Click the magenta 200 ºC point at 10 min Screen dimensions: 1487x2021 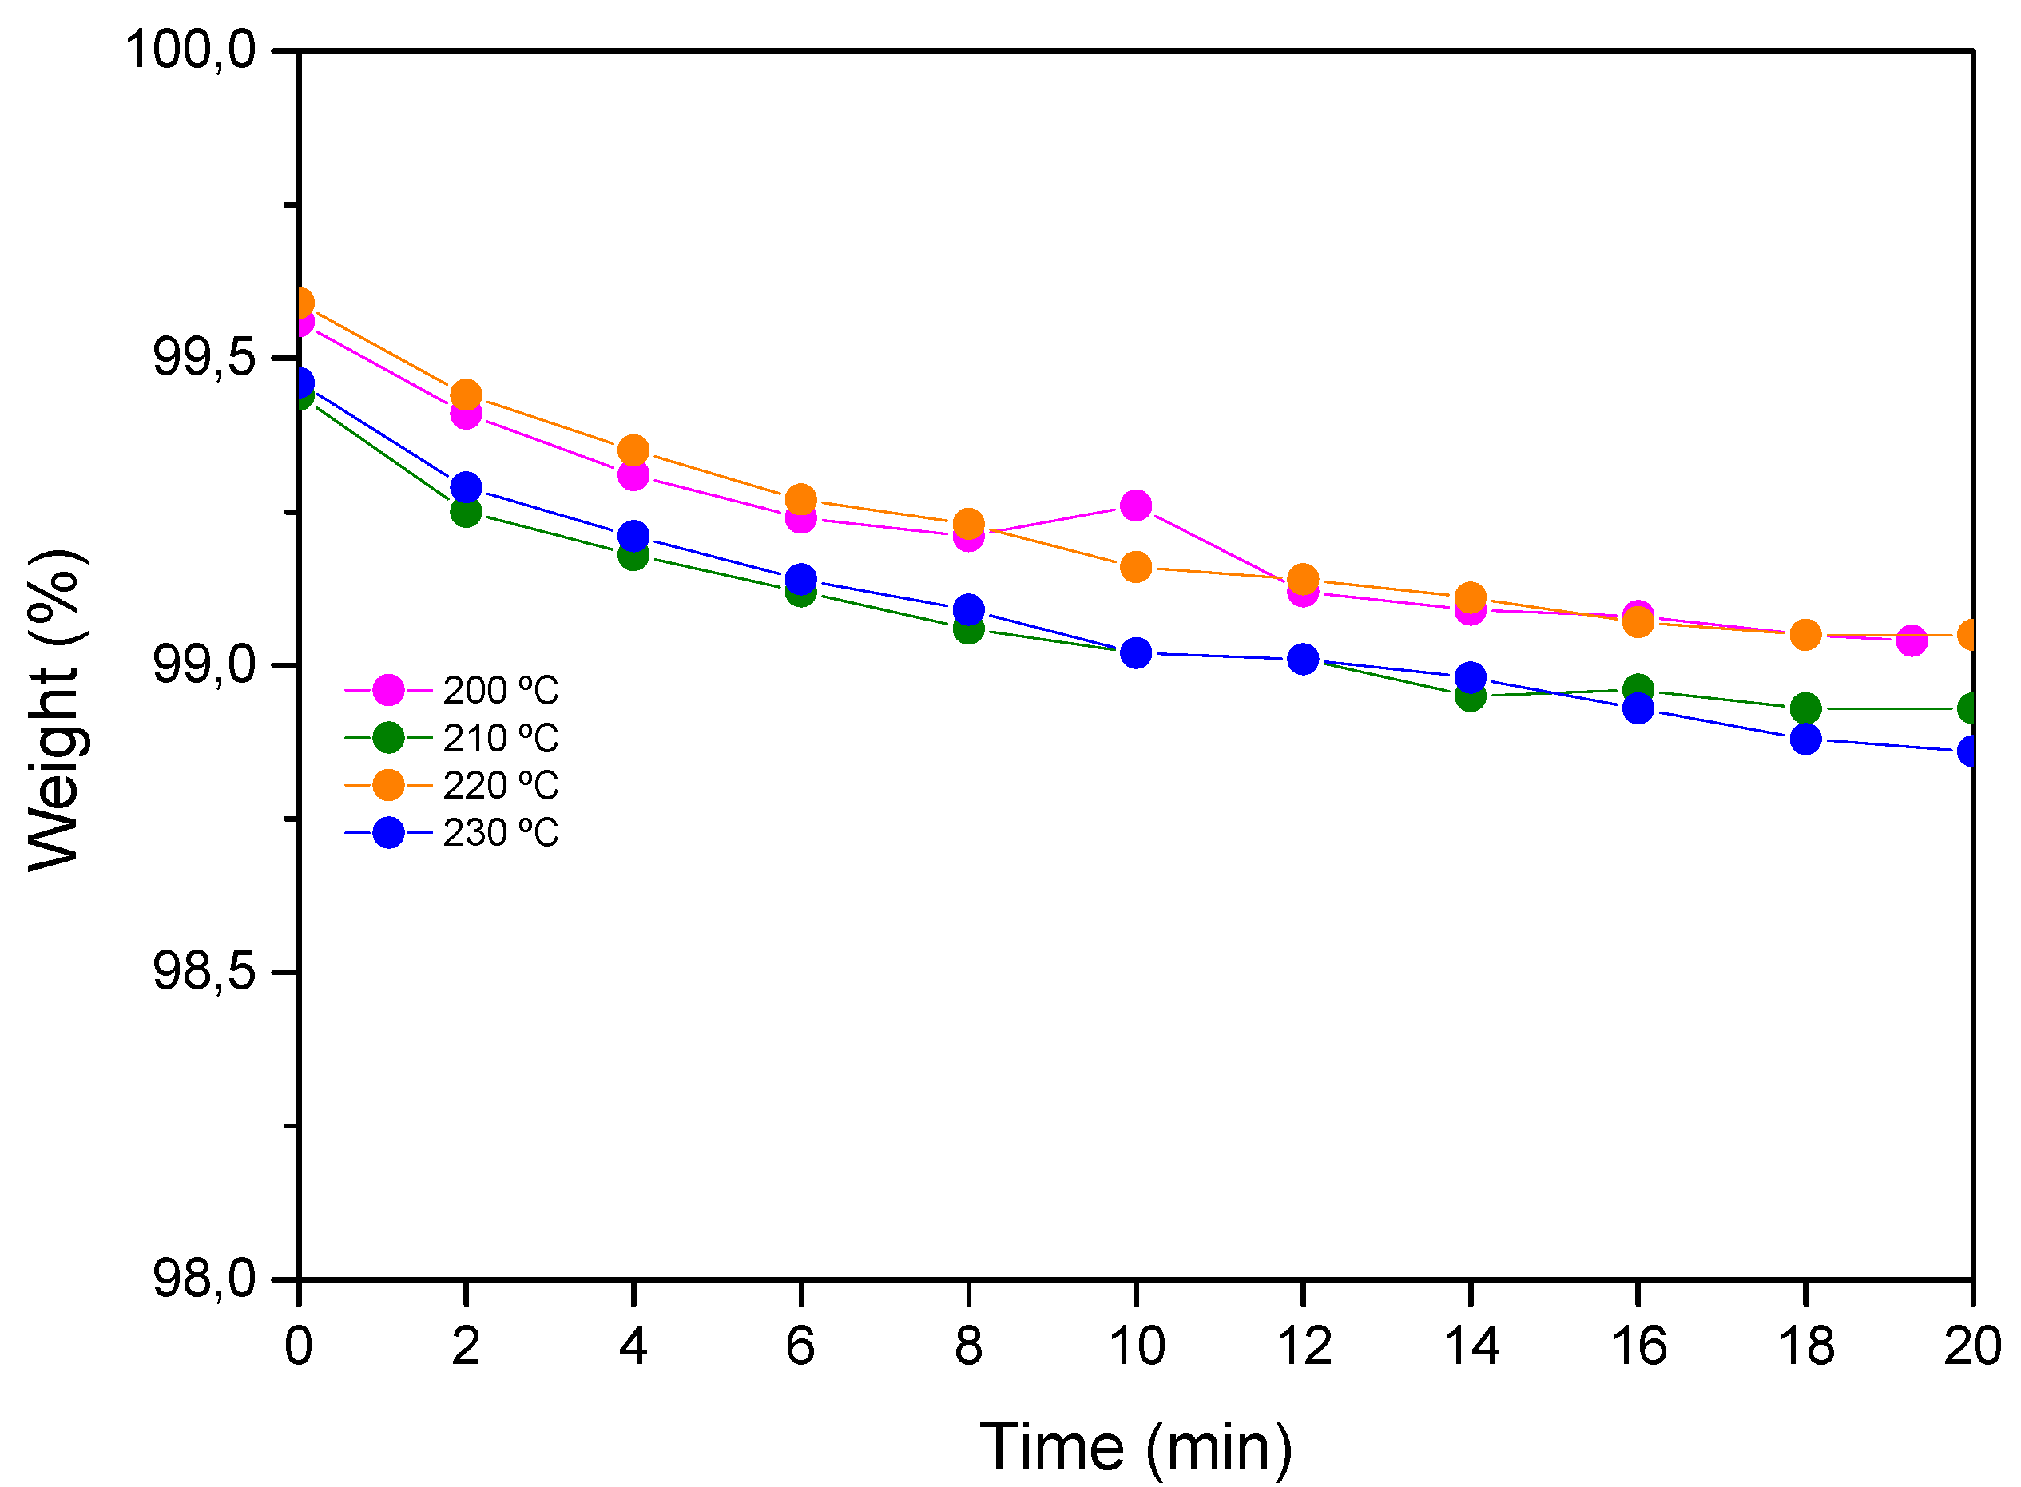click(1135, 505)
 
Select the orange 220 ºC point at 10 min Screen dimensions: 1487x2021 click(1135, 567)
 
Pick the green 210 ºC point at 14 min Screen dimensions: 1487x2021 click(1470, 695)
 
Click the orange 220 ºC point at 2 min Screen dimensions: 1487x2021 click(466, 395)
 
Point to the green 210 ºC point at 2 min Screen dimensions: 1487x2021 click(466, 511)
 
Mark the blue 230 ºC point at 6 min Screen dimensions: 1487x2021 click(800, 578)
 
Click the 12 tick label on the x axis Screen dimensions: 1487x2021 click(1303, 1346)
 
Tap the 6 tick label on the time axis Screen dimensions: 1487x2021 click(800, 1346)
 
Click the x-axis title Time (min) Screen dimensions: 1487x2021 click(1135, 1446)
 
